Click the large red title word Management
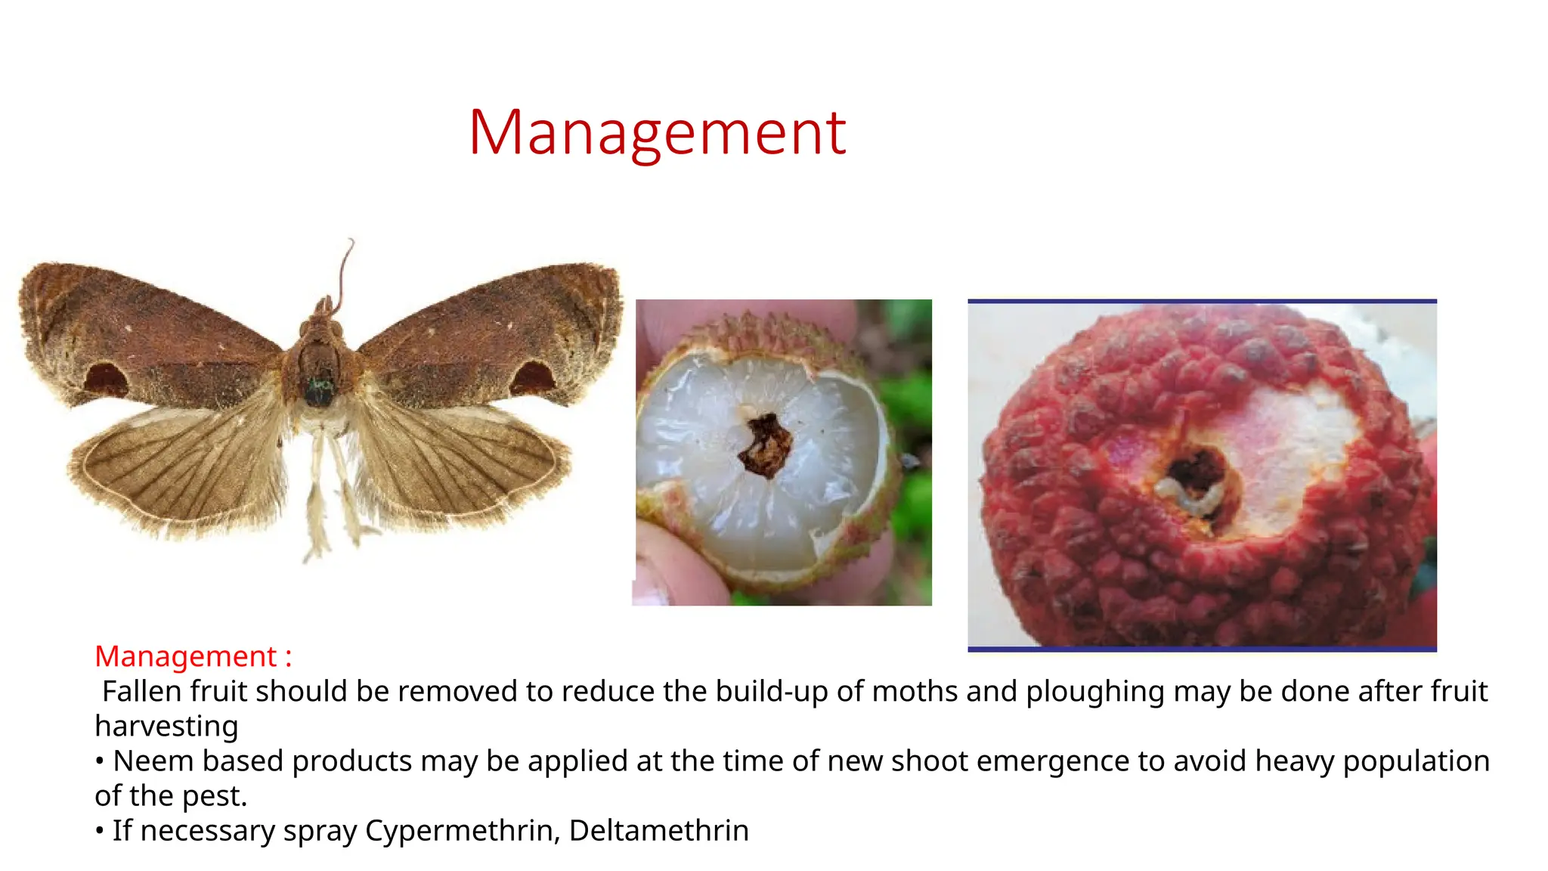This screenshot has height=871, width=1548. tap(657, 133)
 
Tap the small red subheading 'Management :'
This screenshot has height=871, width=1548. tap(193, 656)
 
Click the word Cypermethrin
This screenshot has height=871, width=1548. tap(462, 830)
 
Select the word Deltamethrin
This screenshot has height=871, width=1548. tap(658, 830)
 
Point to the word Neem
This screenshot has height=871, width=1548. tap(153, 761)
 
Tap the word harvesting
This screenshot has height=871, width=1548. tap(166, 726)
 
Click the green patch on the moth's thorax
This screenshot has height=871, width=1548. tap(319, 389)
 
